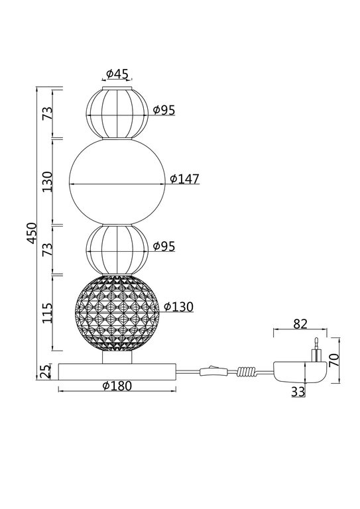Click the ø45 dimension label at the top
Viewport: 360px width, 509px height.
(x=117, y=74)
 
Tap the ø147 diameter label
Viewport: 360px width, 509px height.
(x=184, y=179)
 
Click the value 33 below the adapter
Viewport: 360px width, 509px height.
(x=298, y=392)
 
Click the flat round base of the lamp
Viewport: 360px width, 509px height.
(x=117, y=370)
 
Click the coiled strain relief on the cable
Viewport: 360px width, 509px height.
(x=248, y=372)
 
